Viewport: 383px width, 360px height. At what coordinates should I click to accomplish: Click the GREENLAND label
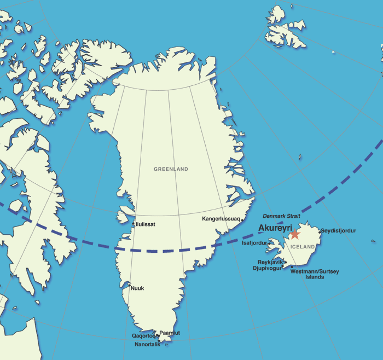(171, 169)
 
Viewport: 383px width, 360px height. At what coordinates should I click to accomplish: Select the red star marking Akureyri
(295, 234)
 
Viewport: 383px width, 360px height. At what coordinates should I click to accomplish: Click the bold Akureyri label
(275, 228)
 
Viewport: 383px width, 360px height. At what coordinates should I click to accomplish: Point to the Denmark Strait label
(281, 216)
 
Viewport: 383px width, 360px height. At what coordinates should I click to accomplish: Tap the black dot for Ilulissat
(134, 223)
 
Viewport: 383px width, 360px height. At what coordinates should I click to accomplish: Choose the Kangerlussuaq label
(221, 219)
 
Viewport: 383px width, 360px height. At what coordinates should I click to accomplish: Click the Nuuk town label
(137, 288)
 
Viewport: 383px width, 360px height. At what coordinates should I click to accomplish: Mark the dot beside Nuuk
(129, 285)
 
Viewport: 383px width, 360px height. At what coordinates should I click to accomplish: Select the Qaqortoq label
(144, 336)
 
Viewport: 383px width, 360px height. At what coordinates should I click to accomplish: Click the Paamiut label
(170, 333)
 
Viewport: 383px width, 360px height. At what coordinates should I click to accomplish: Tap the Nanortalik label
(148, 345)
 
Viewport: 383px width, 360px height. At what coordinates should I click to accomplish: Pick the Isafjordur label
(254, 242)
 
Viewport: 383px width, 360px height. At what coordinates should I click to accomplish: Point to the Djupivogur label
(268, 269)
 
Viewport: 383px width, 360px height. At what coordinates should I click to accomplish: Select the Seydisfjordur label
(339, 231)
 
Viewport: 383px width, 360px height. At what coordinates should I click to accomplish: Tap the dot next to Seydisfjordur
(320, 232)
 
